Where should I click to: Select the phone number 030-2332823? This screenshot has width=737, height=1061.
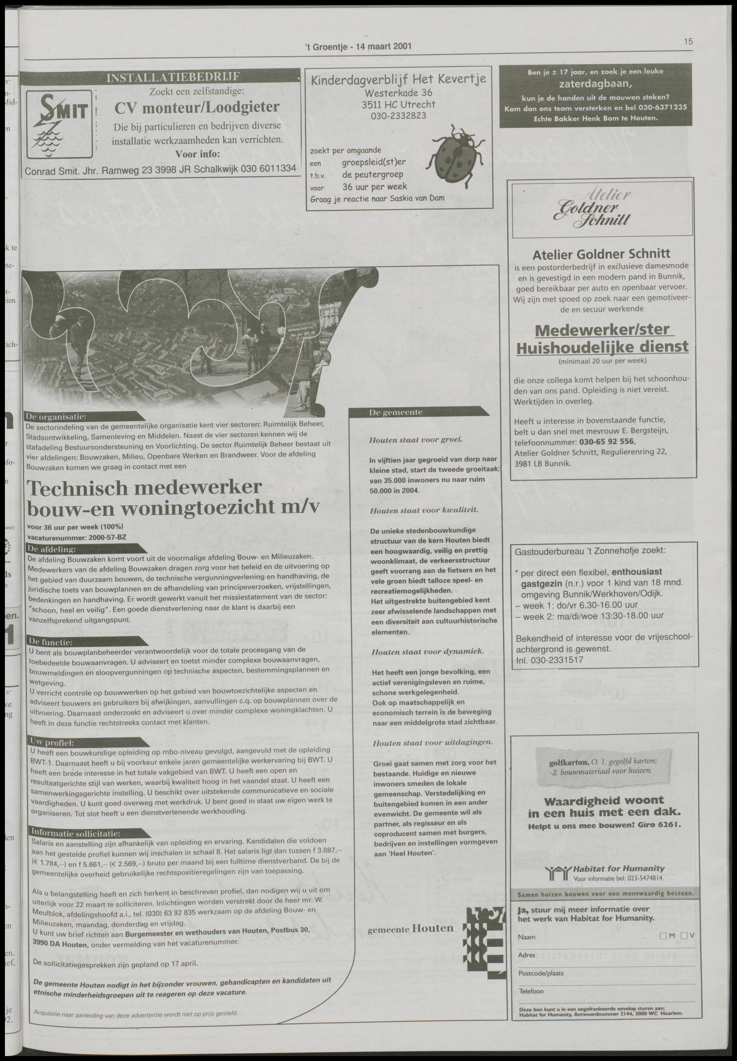[398, 115]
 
